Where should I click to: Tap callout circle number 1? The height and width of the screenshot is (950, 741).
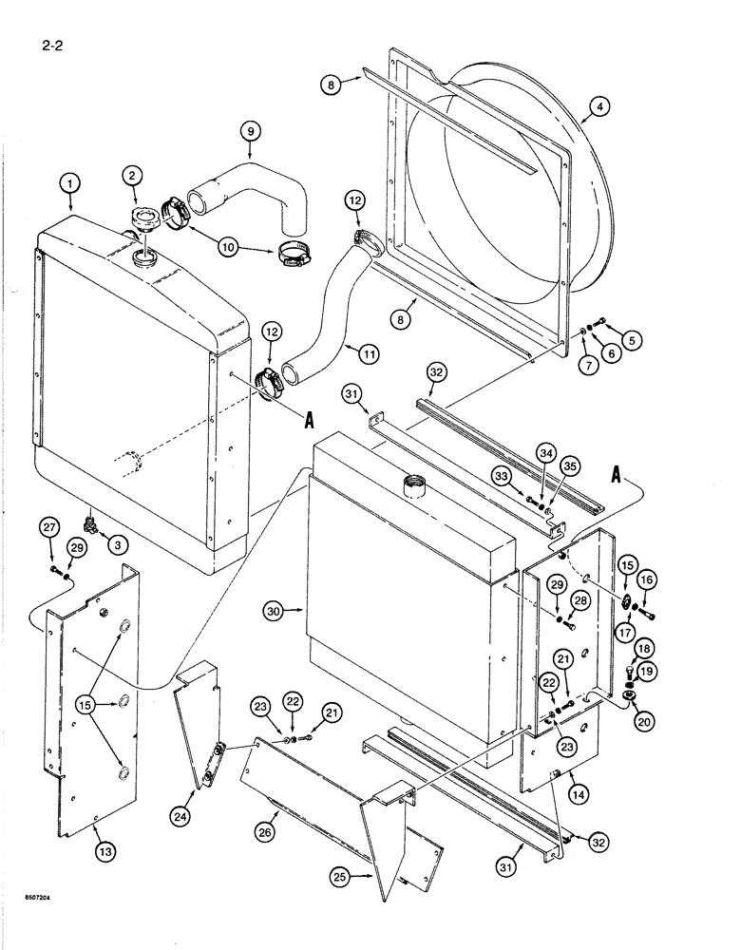69,183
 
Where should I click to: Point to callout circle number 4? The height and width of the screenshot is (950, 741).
597,107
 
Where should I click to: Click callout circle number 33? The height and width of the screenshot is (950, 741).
503,475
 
